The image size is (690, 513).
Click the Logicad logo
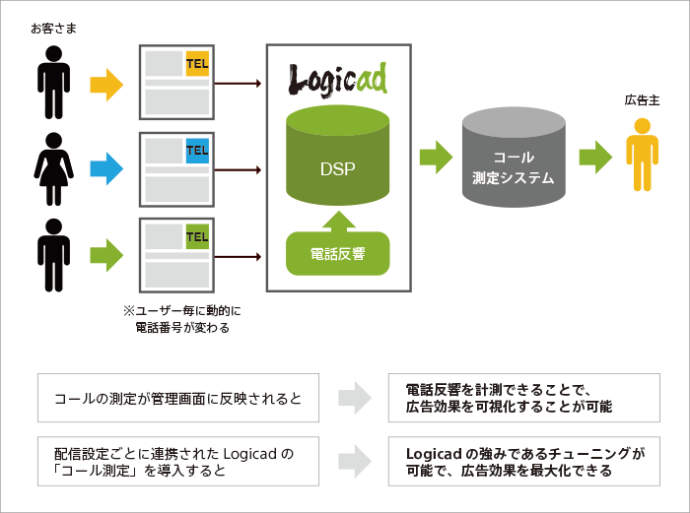pos(338,78)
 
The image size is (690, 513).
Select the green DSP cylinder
pos(338,158)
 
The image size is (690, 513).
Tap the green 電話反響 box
pos(338,253)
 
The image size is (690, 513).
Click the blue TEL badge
pos(197,150)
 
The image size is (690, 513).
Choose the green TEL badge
pos(197,237)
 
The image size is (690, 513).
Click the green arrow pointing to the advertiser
pos(595,156)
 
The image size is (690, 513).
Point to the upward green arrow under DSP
pos(338,220)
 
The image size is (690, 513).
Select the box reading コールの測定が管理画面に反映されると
pos(177,399)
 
